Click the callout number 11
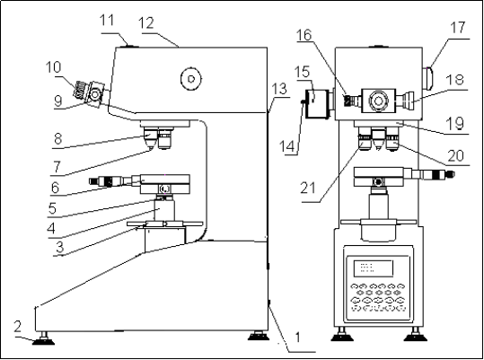pos(107,21)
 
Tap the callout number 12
pos(146,23)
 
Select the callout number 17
pos(457,28)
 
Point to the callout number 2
pos(18,327)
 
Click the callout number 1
pos(297,338)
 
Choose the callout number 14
pos(286,146)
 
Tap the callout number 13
pos(279,89)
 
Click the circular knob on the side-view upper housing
pos(191,79)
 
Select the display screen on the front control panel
pos(374,268)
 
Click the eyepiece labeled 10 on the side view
pos(81,90)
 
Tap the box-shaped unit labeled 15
pos(318,103)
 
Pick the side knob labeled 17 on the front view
pos(427,78)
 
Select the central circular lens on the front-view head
pos(378,101)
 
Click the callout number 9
pos(58,101)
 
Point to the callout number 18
pos(456,79)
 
